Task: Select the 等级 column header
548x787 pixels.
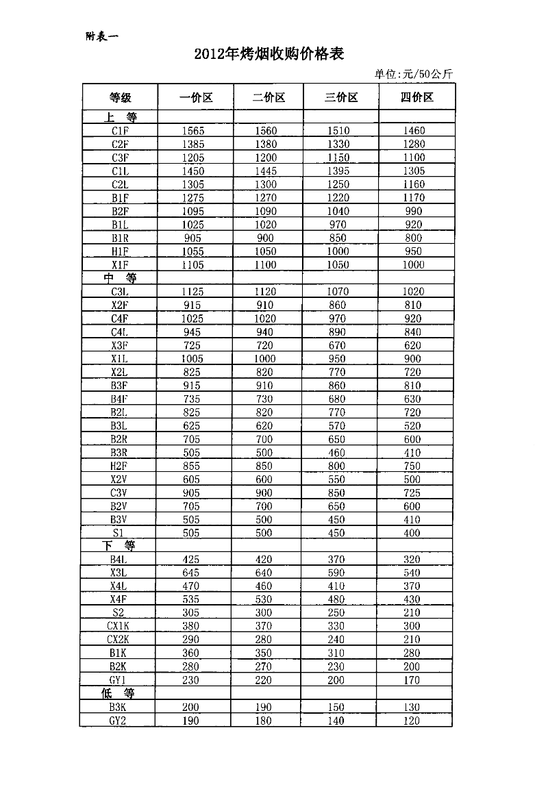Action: (x=120, y=97)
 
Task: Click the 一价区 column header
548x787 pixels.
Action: (x=196, y=97)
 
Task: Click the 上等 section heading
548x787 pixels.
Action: (x=120, y=117)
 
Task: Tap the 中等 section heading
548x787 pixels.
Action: (x=120, y=278)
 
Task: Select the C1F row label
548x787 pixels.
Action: (x=120, y=131)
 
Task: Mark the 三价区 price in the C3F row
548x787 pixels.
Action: (x=338, y=158)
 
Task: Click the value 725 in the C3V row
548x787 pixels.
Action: (x=413, y=493)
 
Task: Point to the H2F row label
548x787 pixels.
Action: (x=120, y=466)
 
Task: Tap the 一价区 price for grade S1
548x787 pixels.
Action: (x=192, y=533)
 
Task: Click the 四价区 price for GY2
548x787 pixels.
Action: (x=412, y=721)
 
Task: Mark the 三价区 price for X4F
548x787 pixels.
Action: (x=336, y=599)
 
